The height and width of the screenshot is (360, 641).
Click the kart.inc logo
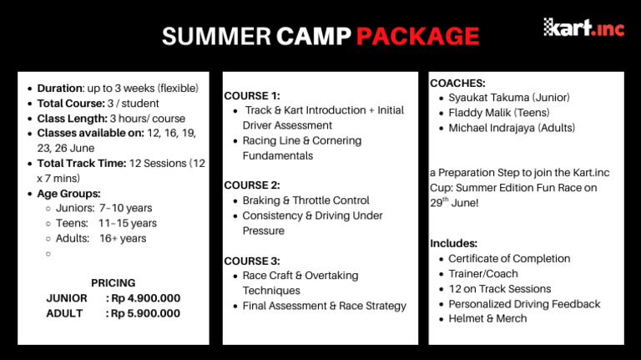tap(583, 27)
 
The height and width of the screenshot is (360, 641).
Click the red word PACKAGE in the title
tap(417, 37)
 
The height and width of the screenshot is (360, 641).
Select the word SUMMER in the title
tap(216, 37)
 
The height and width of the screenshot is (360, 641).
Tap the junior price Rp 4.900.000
tap(143, 298)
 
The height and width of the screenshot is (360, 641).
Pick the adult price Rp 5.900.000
tap(143, 313)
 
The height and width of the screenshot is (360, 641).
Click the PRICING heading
tap(114, 283)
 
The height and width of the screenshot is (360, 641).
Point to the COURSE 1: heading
tap(252, 95)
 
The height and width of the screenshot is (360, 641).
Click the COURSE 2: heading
tap(252, 185)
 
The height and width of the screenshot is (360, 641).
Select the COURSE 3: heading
tap(252, 261)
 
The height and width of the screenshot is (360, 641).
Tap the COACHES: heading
tap(457, 84)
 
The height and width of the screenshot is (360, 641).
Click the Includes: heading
tap(454, 243)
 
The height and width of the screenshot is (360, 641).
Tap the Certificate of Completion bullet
tap(509, 258)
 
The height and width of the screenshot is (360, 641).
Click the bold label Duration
tap(59, 88)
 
